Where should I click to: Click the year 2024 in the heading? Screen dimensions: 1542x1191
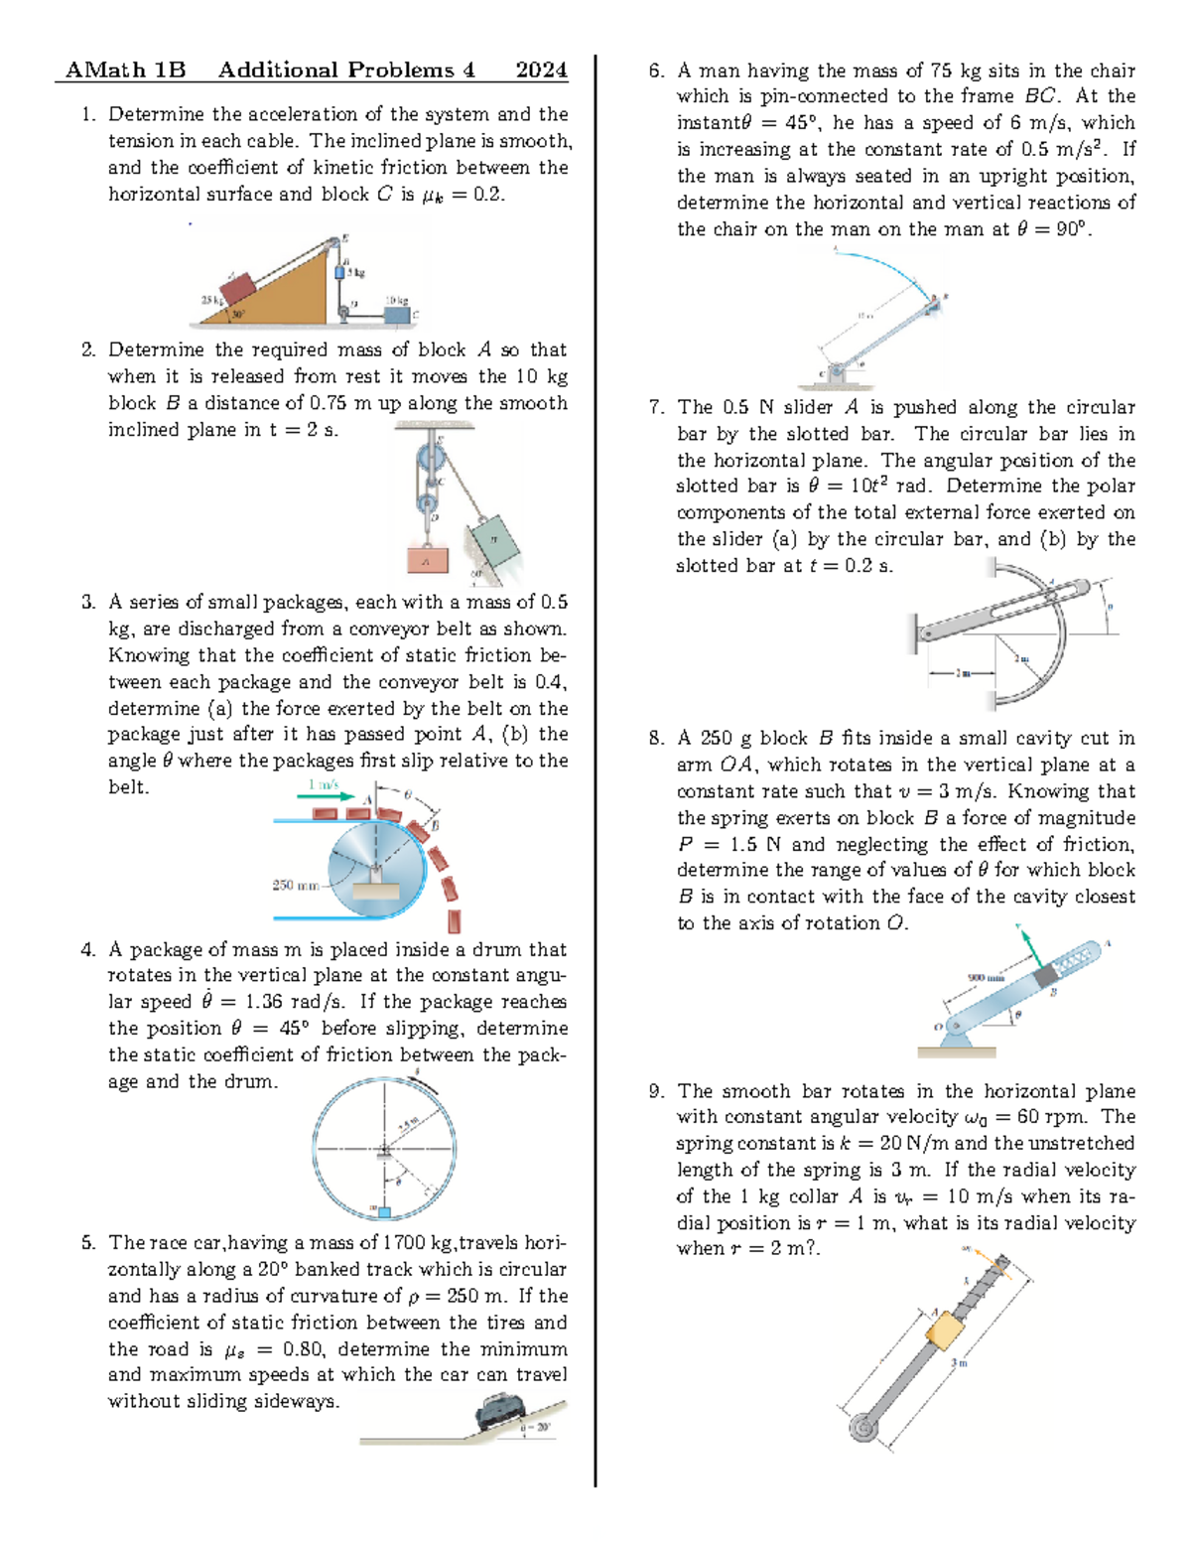point(541,70)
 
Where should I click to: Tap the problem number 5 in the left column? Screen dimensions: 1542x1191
point(88,1242)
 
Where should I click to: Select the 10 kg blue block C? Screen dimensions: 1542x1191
point(398,315)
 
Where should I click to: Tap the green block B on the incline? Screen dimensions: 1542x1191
point(494,541)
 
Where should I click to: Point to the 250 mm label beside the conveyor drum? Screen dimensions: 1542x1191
point(295,885)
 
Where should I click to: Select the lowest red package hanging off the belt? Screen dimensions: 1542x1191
point(455,920)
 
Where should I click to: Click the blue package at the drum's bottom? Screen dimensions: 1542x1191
point(384,1211)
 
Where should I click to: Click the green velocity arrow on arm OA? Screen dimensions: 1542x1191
point(1029,947)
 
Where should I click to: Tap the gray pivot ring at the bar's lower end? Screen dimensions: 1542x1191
point(863,1428)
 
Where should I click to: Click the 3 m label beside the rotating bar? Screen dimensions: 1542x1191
point(959,1363)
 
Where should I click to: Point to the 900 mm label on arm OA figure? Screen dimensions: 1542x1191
point(986,978)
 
